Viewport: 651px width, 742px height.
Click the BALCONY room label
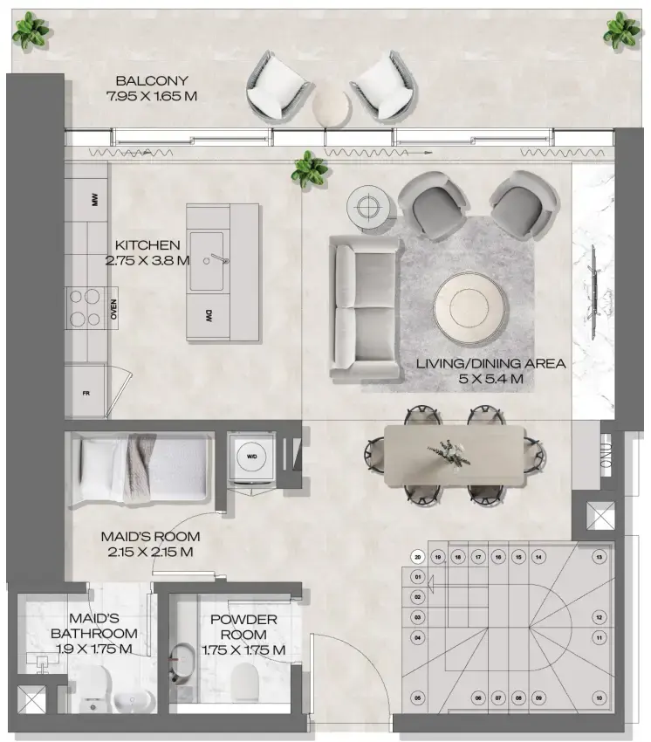(x=145, y=80)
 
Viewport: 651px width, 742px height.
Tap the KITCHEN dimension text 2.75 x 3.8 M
(x=147, y=260)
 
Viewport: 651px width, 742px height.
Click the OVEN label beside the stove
(x=113, y=310)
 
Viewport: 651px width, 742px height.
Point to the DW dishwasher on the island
(x=209, y=315)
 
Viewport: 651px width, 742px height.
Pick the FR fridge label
(x=86, y=393)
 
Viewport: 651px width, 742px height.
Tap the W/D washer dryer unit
(x=253, y=457)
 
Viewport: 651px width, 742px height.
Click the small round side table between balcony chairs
(x=333, y=106)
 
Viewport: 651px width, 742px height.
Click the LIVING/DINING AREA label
(x=490, y=363)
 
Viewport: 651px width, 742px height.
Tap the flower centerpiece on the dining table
(x=448, y=455)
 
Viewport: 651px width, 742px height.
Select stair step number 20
(x=418, y=556)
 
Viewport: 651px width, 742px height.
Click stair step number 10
(x=599, y=697)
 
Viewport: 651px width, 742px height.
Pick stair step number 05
(x=418, y=697)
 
